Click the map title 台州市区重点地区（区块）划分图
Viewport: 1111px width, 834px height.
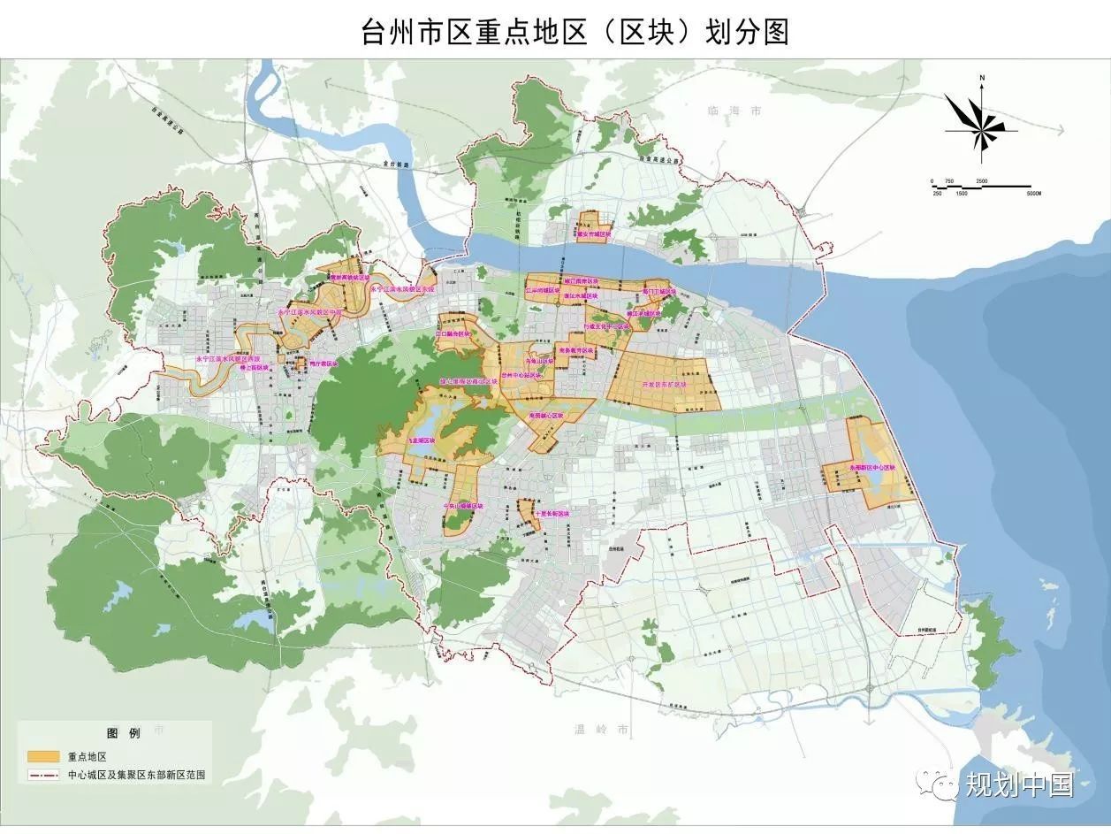click(575, 32)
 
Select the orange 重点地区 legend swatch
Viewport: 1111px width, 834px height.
click(43, 757)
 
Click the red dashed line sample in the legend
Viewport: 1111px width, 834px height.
click(43, 775)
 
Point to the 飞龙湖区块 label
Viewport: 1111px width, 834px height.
click(421, 440)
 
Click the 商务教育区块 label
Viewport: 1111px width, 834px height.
click(577, 350)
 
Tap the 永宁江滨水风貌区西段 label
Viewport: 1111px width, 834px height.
click(229, 359)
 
